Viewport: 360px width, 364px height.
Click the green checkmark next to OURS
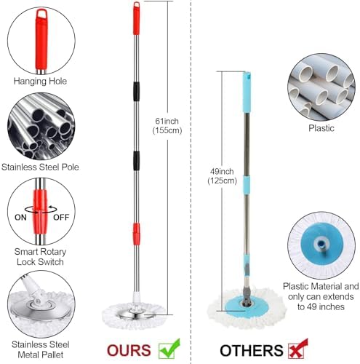click(x=169, y=349)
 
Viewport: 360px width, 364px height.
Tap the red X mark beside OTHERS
click(x=298, y=349)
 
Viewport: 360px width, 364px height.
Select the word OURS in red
click(x=129, y=351)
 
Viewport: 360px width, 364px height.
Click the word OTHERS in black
click(x=252, y=351)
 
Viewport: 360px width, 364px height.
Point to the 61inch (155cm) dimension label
click(x=167, y=126)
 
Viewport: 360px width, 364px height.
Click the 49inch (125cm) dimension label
click(x=222, y=176)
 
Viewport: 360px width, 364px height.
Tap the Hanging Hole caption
click(x=40, y=81)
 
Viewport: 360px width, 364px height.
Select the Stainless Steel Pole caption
click(x=40, y=167)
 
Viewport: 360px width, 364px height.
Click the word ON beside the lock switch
click(x=20, y=217)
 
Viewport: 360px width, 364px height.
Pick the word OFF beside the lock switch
click(x=61, y=217)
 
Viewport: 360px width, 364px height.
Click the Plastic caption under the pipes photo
click(x=321, y=128)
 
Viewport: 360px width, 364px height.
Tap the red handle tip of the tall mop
click(x=137, y=18)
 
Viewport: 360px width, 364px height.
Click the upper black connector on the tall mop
click(x=137, y=92)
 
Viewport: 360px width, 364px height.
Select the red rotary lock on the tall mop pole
click(x=137, y=234)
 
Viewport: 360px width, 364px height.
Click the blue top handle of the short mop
click(x=247, y=92)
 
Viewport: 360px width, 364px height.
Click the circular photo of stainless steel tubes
click(x=41, y=126)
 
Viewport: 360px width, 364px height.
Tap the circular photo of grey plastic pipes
click(x=321, y=87)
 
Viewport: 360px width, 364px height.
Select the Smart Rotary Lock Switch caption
click(x=40, y=257)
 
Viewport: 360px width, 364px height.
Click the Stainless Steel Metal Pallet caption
click(x=41, y=349)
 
